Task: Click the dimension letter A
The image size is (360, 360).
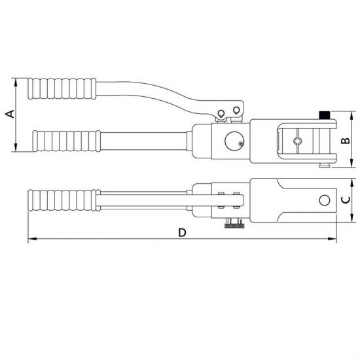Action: (x=9, y=115)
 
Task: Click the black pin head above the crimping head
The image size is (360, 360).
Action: (x=325, y=115)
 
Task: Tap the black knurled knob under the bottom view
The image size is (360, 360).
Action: (x=234, y=226)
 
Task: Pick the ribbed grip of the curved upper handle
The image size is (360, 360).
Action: (x=62, y=88)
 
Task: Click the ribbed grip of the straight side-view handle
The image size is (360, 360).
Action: (x=65, y=140)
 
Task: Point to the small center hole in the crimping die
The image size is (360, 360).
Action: (x=297, y=140)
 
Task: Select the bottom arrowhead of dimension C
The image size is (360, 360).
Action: (x=353, y=220)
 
